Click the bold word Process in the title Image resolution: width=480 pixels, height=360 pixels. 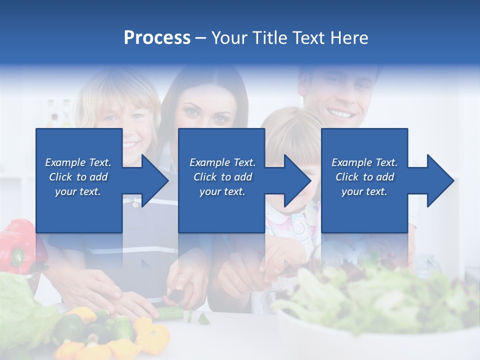click(157, 38)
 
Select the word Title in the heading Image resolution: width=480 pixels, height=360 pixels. click(267, 38)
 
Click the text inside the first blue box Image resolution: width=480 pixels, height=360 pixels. click(78, 177)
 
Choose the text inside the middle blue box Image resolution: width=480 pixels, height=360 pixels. click(222, 177)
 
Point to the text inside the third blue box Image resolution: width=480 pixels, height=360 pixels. click(364, 177)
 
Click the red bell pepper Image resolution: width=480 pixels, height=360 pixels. click(17, 245)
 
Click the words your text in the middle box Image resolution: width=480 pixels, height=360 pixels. click(222, 191)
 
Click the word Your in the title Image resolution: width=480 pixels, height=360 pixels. click(228, 38)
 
